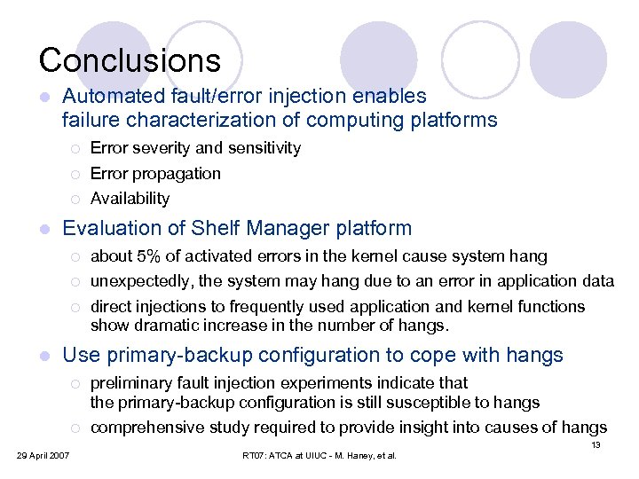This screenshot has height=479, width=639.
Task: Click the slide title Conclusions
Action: point(130,60)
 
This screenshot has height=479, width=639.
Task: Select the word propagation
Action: point(175,173)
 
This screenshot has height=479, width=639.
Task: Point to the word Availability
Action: point(130,198)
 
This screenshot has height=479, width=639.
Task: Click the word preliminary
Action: point(131,383)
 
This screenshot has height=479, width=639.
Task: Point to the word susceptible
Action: point(431,402)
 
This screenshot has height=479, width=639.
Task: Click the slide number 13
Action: point(596,444)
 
